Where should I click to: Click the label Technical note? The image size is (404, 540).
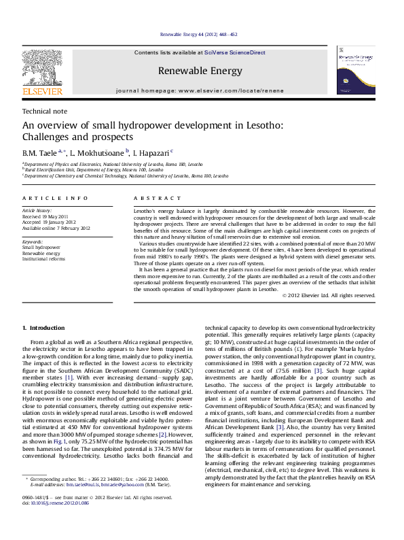tap(45, 111)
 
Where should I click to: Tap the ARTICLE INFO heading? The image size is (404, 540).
tap(55, 198)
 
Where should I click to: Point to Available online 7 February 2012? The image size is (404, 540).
tap(56, 228)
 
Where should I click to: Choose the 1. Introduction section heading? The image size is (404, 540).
tap(43, 328)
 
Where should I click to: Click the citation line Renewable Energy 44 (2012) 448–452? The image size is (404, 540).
tap(198, 35)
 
